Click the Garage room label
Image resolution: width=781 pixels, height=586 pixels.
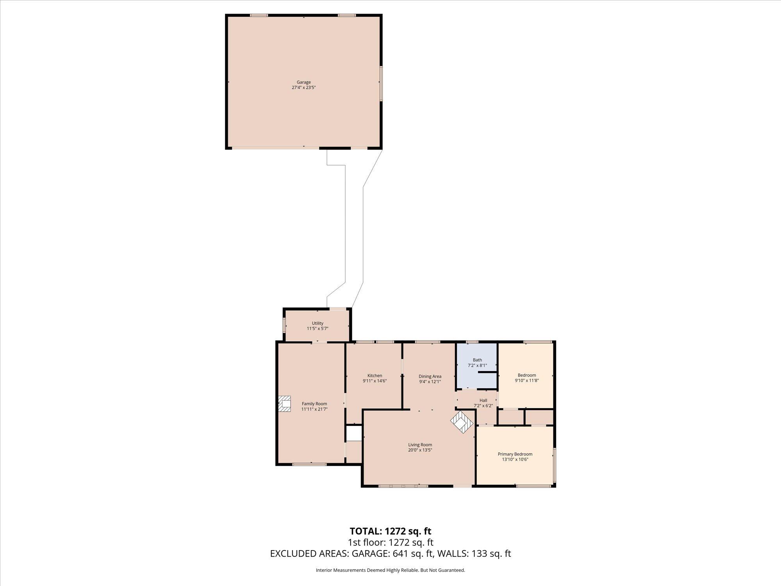coord(303,82)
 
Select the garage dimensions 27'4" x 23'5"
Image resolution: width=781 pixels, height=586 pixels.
coord(303,88)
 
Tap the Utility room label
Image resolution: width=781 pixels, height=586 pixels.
coord(317,323)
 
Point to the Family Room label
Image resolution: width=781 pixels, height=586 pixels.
coord(314,404)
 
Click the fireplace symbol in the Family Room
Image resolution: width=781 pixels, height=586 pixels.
coord(285,404)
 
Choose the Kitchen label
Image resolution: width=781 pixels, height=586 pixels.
coord(374,375)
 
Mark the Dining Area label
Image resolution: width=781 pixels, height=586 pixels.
coord(430,376)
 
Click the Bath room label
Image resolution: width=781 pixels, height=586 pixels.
coord(477,360)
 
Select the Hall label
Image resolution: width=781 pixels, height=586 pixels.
coord(483,400)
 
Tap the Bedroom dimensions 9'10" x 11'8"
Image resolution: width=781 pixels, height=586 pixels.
coord(527,380)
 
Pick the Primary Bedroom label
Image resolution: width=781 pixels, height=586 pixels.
coord(515,454)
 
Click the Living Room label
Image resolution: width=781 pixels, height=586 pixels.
coord(420,445)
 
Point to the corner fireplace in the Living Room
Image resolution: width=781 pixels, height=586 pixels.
coord(462,422)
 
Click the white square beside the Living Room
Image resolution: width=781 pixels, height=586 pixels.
coord(354,433)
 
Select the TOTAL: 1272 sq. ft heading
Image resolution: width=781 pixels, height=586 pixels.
coord(390,531)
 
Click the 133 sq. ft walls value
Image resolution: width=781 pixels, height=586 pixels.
coord(491,554)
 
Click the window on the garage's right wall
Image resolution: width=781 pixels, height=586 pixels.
coord(381,84)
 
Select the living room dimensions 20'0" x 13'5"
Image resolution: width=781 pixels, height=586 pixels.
coord(420,450)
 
